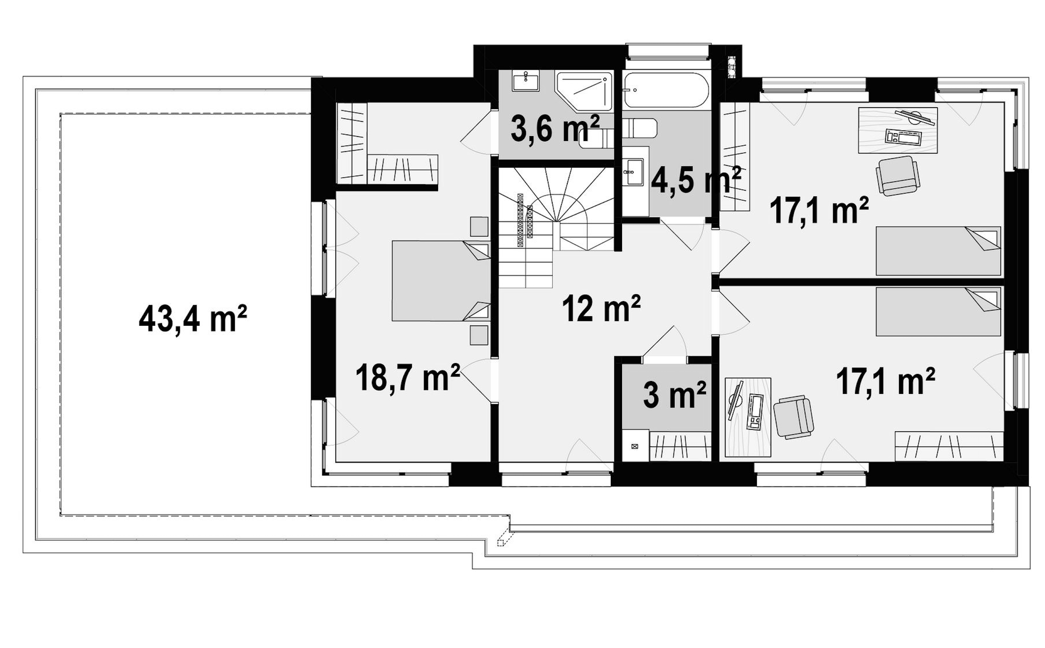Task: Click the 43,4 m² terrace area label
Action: point(193,319)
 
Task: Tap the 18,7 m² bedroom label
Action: point(407,377)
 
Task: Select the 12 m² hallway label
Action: point(601,308)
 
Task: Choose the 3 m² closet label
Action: point(675,394)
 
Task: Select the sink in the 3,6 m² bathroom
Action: point(526,82)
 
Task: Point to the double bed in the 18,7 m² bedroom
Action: point(441,281)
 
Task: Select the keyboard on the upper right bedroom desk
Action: point(903,137)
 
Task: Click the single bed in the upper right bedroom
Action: point(938,251)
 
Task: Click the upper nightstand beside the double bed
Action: point(479,227)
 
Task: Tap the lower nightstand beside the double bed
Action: point(479,335)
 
